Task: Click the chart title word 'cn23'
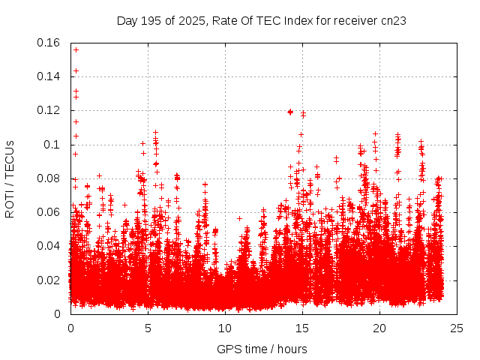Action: [393, 20]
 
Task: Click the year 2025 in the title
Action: [193, 20]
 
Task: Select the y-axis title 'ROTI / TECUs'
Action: [10, 178]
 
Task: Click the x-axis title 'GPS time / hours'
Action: [262, 349]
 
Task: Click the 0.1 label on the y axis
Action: [52, 145]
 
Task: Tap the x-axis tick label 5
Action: [148, 328]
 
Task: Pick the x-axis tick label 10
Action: [225, 328]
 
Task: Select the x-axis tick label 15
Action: [302, 328]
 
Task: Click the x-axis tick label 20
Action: [379, 328]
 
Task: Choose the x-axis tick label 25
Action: [457, 328]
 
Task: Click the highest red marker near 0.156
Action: [76, 49]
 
